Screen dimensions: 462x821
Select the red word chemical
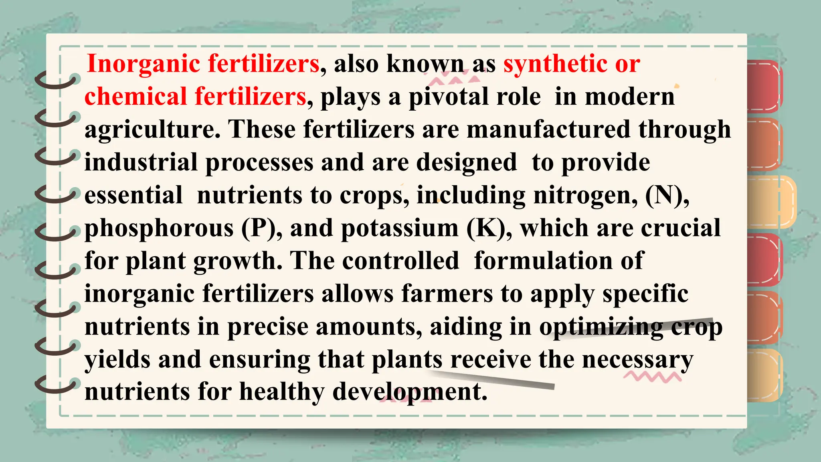click(136, 97)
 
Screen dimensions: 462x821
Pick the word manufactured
click(549, 130)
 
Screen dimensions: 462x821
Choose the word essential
click(133, 195)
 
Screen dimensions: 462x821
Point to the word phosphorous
click(159, 229)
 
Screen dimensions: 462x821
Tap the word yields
click(117, 360)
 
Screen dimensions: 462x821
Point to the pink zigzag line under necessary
click(652, 377)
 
